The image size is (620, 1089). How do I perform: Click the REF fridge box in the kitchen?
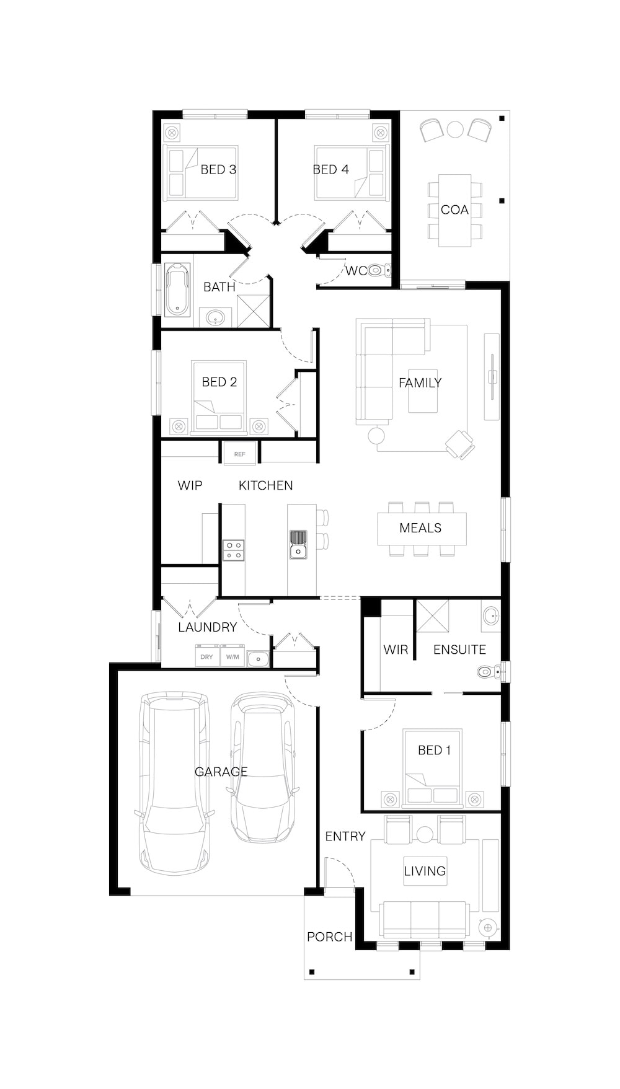[x=239, y=454]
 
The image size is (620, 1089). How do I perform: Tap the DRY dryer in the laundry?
[x=207, y=656]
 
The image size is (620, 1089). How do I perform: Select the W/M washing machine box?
[x=232, y=656]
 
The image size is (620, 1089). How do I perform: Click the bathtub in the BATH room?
[x=177, y=289]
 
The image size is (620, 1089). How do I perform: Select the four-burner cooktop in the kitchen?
[x=234, y=550]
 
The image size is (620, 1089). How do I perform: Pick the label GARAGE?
[x=221, y=772]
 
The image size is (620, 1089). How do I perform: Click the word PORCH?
[x=330, y=937]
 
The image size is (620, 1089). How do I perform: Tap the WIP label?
[x=190, y=485]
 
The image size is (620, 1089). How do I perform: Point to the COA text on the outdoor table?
[x=454, y=210]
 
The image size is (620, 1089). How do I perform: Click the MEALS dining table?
[x=422, y=528]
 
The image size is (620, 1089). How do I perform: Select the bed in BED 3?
[x=200, y=172]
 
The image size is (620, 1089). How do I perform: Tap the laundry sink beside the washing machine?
[x=258, y=659]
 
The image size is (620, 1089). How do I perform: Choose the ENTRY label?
[x=345, y=837]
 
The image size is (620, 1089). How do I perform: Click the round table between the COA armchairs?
[x=456, y=129]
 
